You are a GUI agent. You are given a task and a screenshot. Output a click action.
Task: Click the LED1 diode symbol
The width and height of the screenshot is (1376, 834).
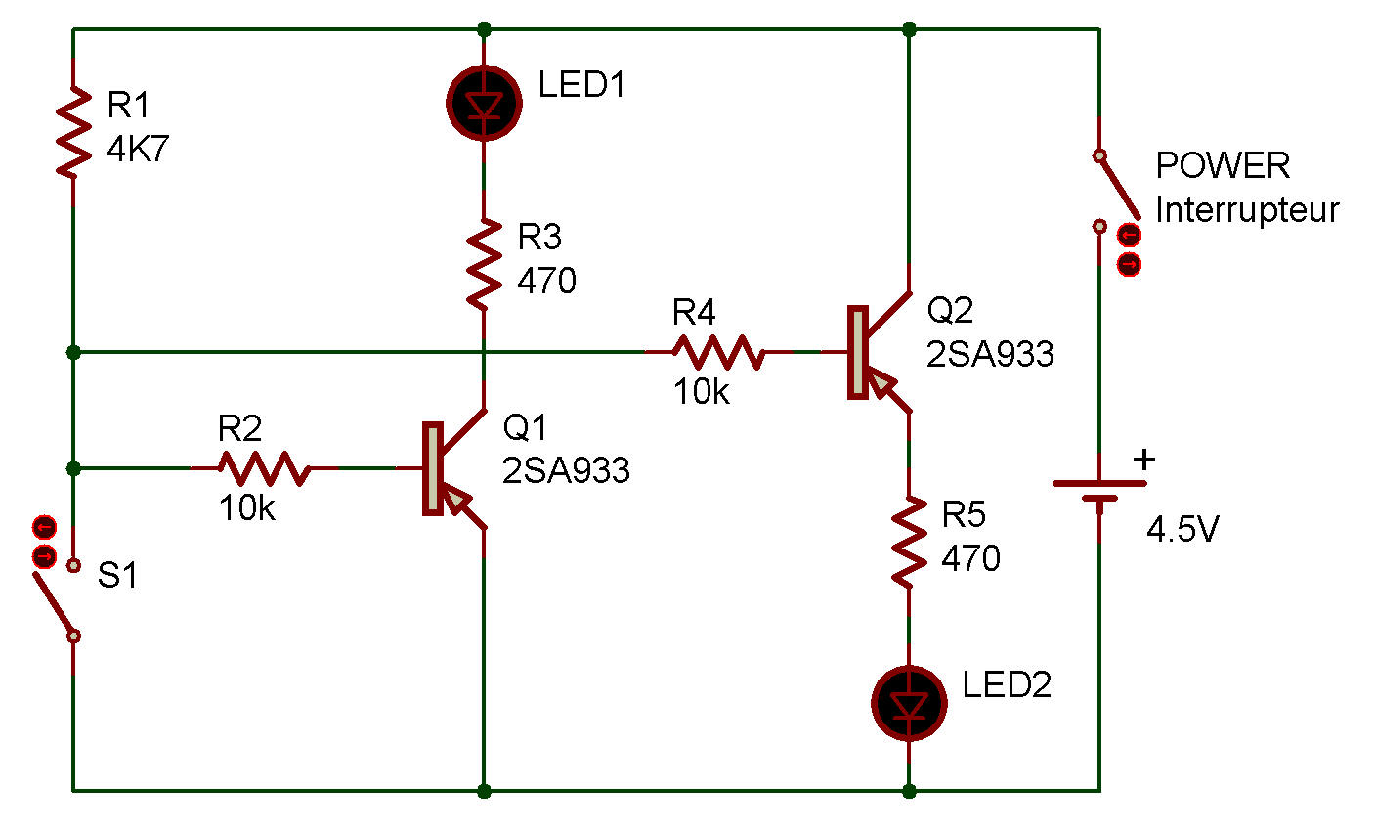484,104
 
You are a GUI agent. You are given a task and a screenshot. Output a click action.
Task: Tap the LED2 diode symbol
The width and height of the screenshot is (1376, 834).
909,703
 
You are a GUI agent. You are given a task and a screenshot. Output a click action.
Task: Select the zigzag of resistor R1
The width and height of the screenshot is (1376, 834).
73,133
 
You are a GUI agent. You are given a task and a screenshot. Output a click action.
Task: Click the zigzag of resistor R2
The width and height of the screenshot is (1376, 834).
264,468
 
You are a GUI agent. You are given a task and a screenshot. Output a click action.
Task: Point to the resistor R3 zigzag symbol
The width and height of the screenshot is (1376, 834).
484,264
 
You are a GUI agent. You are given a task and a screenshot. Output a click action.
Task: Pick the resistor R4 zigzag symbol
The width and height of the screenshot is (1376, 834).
718,352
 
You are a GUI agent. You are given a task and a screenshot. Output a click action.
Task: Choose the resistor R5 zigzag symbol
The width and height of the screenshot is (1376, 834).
909,542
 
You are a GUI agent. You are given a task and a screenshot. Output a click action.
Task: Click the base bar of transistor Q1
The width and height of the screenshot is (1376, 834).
433,468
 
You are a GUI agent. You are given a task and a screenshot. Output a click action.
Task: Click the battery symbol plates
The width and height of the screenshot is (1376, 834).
1099,491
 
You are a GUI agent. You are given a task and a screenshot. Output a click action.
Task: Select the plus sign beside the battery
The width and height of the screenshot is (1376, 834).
1143,460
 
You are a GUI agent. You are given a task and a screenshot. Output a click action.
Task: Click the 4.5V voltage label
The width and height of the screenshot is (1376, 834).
1182,529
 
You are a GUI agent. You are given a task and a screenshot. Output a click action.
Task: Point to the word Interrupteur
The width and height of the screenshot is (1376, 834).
1247,211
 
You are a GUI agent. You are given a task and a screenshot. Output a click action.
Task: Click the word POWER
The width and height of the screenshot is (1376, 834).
1223,165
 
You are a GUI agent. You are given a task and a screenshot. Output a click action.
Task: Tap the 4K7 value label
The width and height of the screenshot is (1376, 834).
138,149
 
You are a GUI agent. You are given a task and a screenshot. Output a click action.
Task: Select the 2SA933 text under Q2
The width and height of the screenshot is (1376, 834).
990,354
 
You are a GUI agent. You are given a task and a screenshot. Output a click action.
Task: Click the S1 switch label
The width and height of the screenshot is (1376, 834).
117,575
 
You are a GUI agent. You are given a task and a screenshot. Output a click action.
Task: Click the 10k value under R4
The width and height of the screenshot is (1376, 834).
702,391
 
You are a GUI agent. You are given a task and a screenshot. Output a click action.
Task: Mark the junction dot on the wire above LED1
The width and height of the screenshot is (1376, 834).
484,29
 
